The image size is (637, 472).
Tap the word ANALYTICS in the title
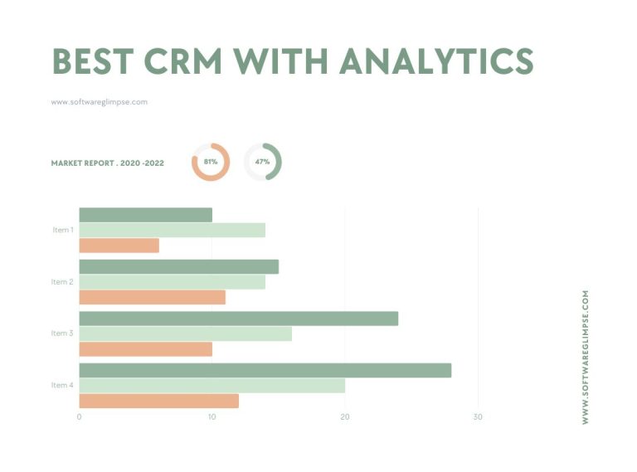[x=435, y=61]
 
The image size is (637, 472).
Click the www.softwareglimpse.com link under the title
[x=100, y=102]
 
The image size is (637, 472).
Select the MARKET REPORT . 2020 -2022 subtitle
[x=107, y=163]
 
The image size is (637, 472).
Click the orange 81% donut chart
[x=211, y=162]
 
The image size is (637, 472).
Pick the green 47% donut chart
[x=263, y=162]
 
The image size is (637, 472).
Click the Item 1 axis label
[x=62, y=230]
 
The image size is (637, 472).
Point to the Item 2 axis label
[x=62, y=282]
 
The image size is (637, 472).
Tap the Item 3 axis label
[x=62, y=333]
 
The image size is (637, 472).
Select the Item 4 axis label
[x=62, y=385]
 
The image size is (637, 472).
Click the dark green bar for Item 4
[x=265, y=370]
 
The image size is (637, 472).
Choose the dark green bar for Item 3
[x=238, y=319]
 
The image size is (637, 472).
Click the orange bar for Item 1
[x=119, y=246]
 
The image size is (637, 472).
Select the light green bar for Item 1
[x=172, y=230]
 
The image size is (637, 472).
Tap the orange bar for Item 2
[x=152, y=297]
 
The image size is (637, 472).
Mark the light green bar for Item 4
[x=212, y=385]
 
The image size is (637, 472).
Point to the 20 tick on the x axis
[x=345, y=417]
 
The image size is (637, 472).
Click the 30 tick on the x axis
[x=478, y=417]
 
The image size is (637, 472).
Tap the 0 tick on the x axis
[x=79, y=417]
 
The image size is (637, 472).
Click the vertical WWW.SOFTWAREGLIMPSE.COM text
[x=586, y=357]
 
